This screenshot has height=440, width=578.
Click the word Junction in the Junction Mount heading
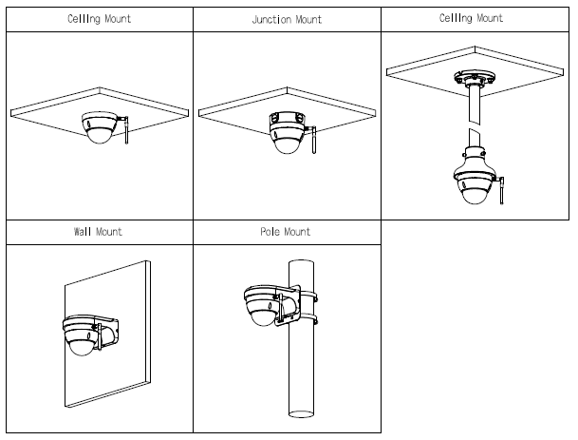(272, 18)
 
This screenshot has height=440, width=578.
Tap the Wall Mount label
(98, 231)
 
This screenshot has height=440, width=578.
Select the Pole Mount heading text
(285, 231)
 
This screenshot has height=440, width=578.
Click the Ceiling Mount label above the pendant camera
(472, 18)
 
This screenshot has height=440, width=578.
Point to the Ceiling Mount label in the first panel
(98, 18)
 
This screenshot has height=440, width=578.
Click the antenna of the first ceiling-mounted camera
(124, 134)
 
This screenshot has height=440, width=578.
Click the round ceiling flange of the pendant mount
(474, 79)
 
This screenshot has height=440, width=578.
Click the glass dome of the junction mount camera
(285, 143)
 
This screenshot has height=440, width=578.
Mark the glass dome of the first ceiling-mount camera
(98, 137)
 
